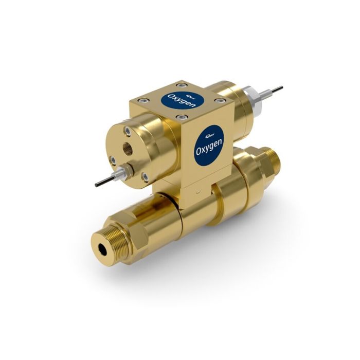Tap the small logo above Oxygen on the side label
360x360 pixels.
click(209, 135)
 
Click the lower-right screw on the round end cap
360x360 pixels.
click(146, 176)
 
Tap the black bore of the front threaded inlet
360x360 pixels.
click(104, 247)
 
